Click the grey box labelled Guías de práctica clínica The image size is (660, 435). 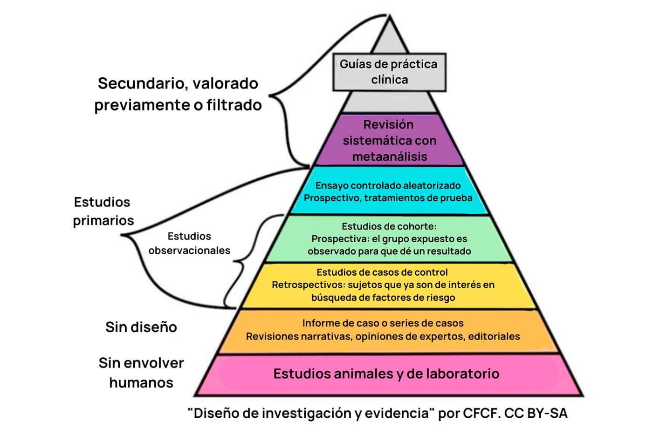pyautogui.click(x=389, y=72)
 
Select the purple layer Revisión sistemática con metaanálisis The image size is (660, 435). pyautogui.click(x=389, y=140)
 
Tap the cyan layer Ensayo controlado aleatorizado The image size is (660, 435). pyautogui.click(x=388, y=191)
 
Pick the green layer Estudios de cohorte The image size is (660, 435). pyautogui.click(x=389, y=238)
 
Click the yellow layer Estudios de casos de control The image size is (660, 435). pyautogui.click(x=383, y=285)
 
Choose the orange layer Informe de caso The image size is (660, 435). pyautogui.click(x=383, y=330)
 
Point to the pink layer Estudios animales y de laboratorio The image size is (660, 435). pyautogui.click(x=386, y=374)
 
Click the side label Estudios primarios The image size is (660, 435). pyautogui.click(x=103, y=211)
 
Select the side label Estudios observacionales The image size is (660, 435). pyautogui.click(x=189, y=243)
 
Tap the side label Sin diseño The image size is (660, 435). pyautogui.click(x=141, y=327)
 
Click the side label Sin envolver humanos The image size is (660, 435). pyautogui.click(x=141, y=373)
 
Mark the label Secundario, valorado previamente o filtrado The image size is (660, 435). pyautogui.click(x=178, y=94)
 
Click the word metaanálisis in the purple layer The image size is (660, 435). pyautogui.click(x=390, y=156)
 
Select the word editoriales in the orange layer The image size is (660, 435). pyautogui.click(x=494, y=336)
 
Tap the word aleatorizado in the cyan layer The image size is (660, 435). pyautogui.click(x=432, y=185)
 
